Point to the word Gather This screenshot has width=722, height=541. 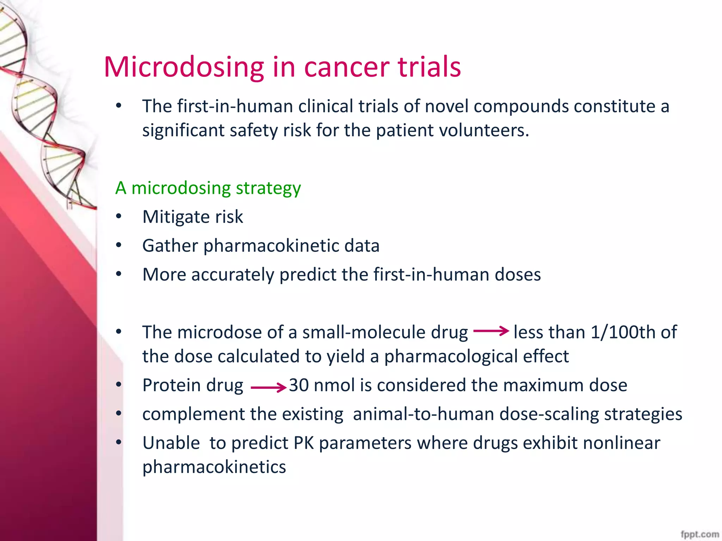click(170, 246)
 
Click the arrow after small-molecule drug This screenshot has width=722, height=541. click(491, 331)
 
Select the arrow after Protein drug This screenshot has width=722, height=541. click(268, 388)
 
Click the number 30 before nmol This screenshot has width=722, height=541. click(299, 385)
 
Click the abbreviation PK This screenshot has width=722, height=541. click(304, 443)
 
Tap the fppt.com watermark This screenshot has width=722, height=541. click(700, 534)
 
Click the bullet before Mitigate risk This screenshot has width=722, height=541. click(119, 217)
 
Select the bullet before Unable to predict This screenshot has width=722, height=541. click(119, 442)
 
